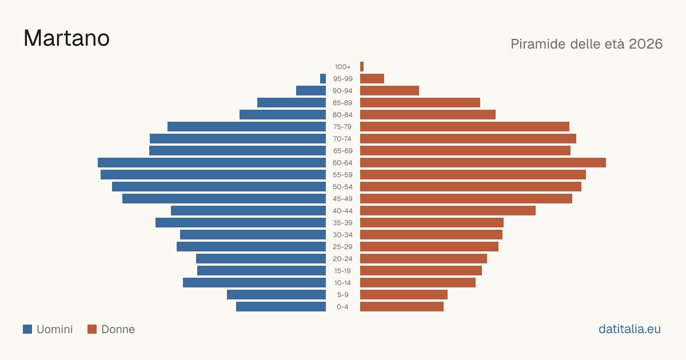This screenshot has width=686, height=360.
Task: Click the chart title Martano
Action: click(66, 38)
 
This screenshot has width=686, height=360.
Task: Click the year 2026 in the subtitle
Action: click(645, 44)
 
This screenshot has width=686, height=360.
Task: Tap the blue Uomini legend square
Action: click(27, 329)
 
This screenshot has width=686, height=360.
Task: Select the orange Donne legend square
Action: click(92, 329)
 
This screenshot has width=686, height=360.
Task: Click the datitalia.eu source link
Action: click(629, 329)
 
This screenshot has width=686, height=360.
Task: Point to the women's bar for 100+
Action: click(362, 66)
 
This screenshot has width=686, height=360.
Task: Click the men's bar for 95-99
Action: click(323, 78)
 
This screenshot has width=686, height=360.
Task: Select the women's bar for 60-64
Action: click(483, 162)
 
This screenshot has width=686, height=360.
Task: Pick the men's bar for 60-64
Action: click(212, 162)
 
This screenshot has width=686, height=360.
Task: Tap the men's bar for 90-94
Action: click(311, 91)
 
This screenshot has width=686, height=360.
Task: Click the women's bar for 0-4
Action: click(402, 306)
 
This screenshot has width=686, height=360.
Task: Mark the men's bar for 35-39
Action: click(241, 222)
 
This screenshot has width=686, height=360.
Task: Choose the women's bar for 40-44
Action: click(448, 211)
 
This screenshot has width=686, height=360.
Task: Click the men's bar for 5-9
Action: click(276, 294)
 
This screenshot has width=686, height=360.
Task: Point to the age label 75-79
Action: click(342, 127)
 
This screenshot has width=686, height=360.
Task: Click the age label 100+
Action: click(342, 67)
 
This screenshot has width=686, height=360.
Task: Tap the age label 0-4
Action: click(342, 307)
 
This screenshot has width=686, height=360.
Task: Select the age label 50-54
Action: click(342, 187)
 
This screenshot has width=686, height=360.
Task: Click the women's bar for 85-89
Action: click(420, 102)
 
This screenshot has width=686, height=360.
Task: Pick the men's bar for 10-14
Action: click(254, 282)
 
